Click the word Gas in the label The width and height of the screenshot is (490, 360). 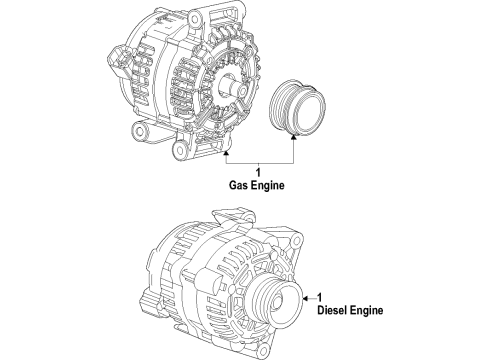pos(238,185)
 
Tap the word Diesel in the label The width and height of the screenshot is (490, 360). pos(331,310)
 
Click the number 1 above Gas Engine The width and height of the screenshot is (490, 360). pos(258,173)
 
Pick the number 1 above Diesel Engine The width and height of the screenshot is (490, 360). pos(319,297)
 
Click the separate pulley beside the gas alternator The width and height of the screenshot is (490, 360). pos(297,107)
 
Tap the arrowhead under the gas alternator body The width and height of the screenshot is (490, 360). pos(226,153)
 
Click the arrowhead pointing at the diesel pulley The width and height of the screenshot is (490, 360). pos(305,298)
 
